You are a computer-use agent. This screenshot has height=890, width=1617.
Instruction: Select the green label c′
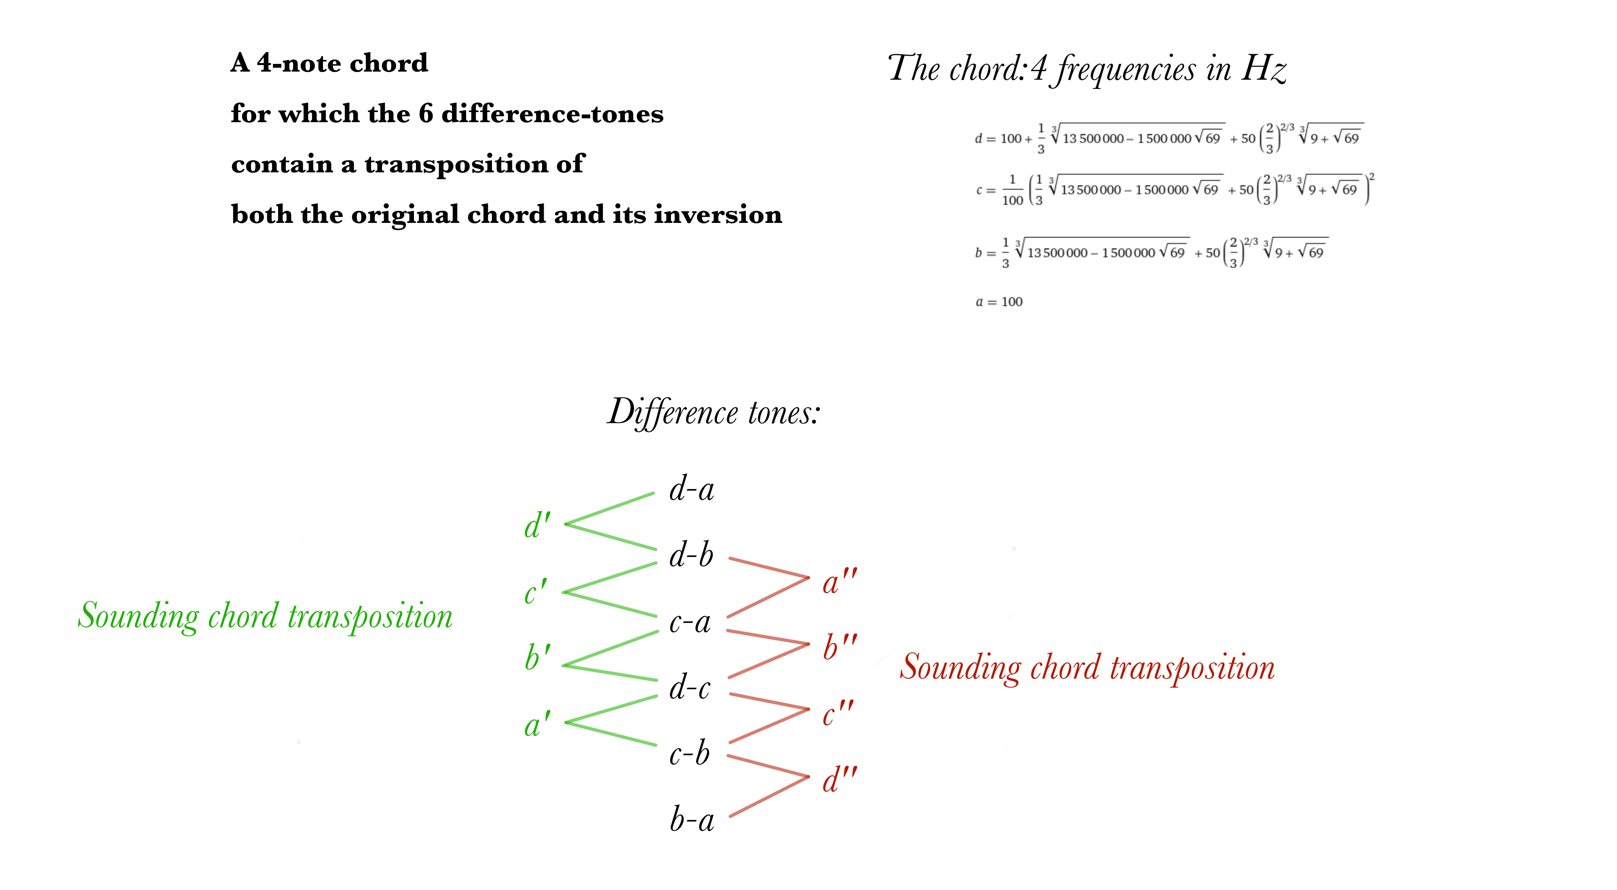(536, 592)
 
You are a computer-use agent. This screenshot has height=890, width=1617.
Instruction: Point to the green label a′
(537, 724)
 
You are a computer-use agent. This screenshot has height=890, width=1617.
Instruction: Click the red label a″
(839, 582)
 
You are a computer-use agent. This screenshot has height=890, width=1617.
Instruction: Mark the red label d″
(839, 780)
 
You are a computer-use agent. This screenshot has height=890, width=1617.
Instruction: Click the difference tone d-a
(692, 489)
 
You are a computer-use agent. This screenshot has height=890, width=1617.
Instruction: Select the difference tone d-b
(691, 555)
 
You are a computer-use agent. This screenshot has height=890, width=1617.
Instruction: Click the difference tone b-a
(692, 820)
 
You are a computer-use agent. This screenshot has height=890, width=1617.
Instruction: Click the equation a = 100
(998, 302)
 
